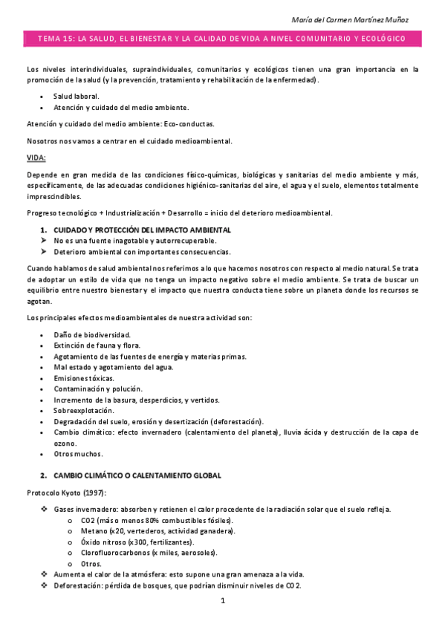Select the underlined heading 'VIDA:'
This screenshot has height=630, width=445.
(36, 157)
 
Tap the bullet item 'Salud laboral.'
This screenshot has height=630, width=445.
(76, 97)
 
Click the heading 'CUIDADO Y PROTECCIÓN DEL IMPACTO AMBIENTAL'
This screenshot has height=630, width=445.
(142, 230)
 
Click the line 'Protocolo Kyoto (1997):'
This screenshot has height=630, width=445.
(65, 493)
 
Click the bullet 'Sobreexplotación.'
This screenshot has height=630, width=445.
(83, 410)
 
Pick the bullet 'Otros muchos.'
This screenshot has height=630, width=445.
(78, 454)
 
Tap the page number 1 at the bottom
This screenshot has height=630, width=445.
(222, 601)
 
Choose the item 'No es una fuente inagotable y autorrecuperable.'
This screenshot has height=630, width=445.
(135, 241)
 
